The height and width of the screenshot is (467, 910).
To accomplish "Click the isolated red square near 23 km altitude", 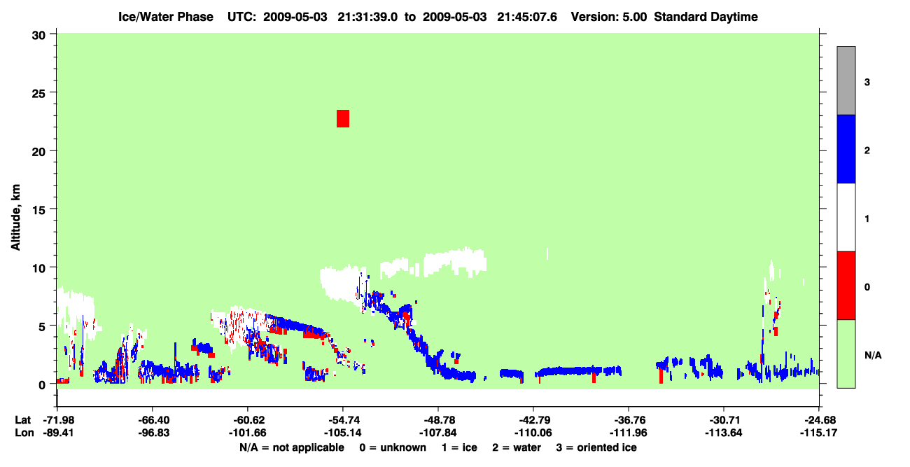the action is pos(343,119).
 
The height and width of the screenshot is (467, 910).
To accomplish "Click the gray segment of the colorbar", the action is pos(846,81).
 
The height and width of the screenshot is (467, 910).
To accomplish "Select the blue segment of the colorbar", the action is pos(846,148).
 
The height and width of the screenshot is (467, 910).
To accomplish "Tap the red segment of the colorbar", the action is pos(846,286).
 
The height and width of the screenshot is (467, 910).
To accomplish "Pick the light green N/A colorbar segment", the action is pos(846,354).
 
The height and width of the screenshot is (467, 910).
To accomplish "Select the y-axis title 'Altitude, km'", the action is pos(15,218).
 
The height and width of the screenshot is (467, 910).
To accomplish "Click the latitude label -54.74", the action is pos(342,420).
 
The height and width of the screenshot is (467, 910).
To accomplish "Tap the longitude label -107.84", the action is pos(438,433).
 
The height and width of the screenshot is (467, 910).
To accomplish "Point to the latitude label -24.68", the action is pos(818,420).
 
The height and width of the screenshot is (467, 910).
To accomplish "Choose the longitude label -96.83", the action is pos(153,433).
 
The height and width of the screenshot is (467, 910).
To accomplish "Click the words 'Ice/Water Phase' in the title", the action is pos(166,17).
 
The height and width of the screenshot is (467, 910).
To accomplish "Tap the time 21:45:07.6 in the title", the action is pos(527,17).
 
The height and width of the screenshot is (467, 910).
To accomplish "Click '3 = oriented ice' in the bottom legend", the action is pos(596,447).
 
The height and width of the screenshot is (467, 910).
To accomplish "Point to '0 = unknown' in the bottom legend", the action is pos(393,447).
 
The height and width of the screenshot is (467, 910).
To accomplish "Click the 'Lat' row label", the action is pos(22,420).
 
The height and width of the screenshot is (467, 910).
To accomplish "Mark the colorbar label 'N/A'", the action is pos(873,356).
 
